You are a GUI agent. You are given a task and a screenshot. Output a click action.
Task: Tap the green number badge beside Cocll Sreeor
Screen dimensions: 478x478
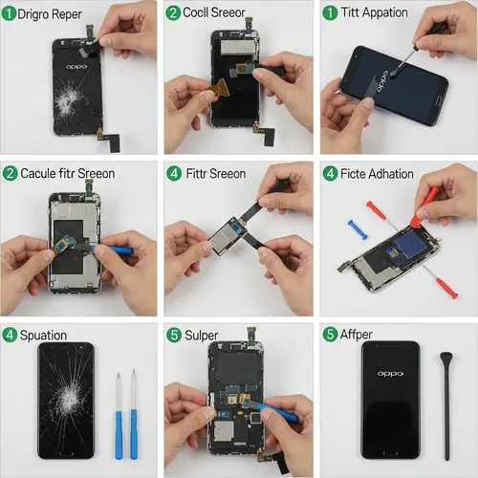tap(173, 13)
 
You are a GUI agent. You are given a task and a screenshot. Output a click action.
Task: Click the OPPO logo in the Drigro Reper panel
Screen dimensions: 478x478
tap(73, 71)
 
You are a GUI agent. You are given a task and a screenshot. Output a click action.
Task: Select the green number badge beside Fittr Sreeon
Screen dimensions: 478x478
tap(173, 174)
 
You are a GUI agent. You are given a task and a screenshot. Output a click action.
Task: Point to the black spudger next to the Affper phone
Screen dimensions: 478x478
tap(445, 402)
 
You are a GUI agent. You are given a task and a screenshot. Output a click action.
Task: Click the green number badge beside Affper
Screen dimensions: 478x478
tap(330, 335)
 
